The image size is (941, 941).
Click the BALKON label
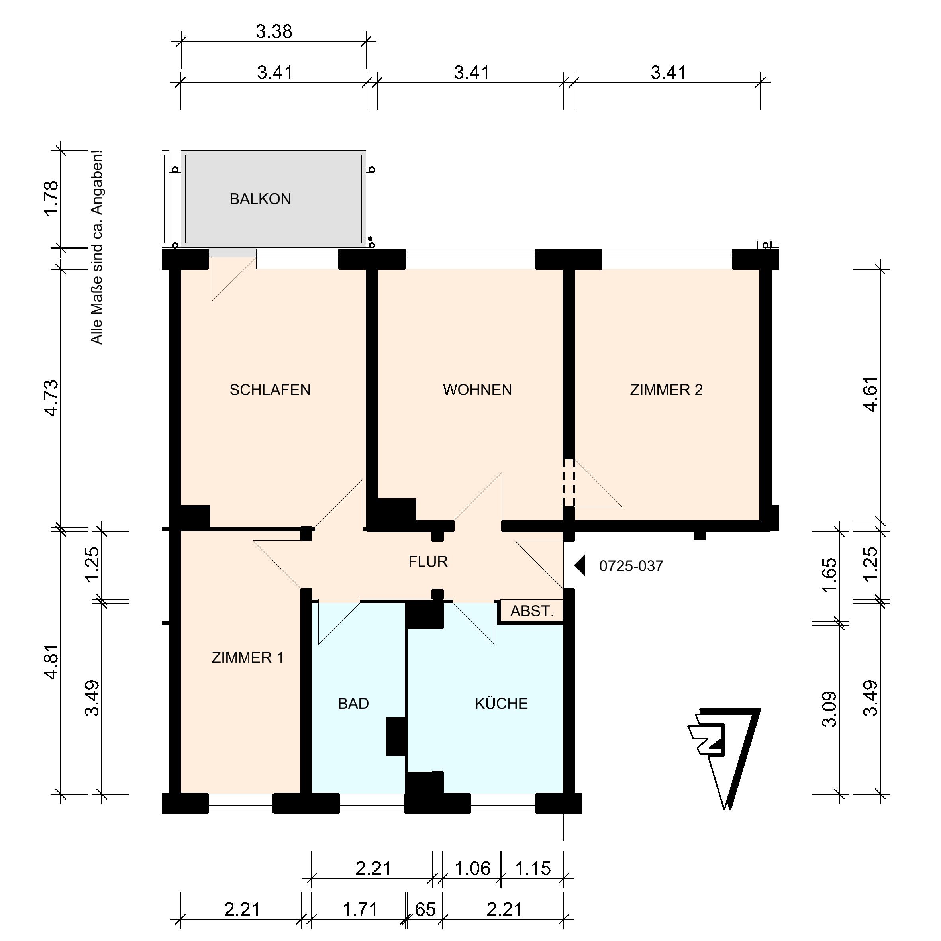[x=261, y=199]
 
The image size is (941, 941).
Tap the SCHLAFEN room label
[x=271, y=390]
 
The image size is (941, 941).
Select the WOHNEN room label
[x=477, y=390]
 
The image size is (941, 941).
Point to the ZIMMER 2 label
[x=666, y=390]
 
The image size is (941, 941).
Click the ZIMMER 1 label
[x=247, y=658]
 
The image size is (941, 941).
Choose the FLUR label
[x=428, y=562]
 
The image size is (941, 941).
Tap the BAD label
[x=354, y=704]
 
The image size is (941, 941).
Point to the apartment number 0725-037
[x=631, y=566]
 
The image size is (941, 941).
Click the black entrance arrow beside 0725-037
[x=580, y=566]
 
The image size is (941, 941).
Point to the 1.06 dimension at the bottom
[x=472, y=868]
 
